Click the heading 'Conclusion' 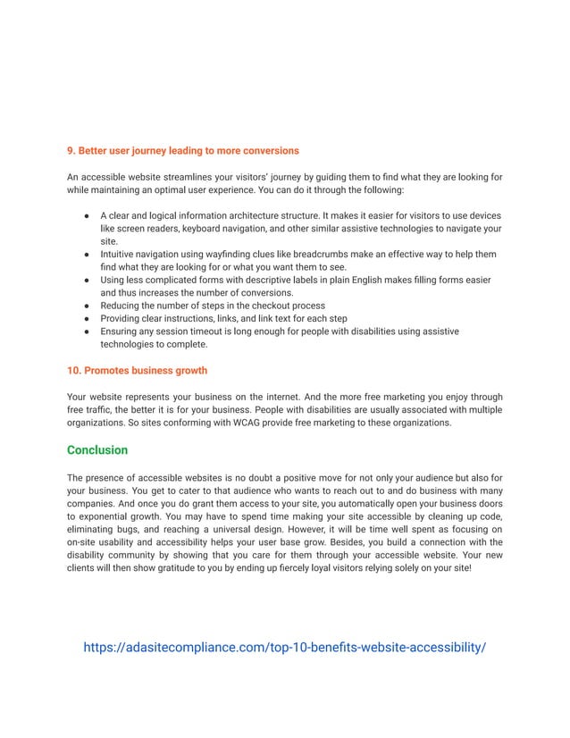point(97,449)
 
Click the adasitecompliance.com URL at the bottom point(284,647)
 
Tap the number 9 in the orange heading point(71,150)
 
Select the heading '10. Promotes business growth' point(137,370)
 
